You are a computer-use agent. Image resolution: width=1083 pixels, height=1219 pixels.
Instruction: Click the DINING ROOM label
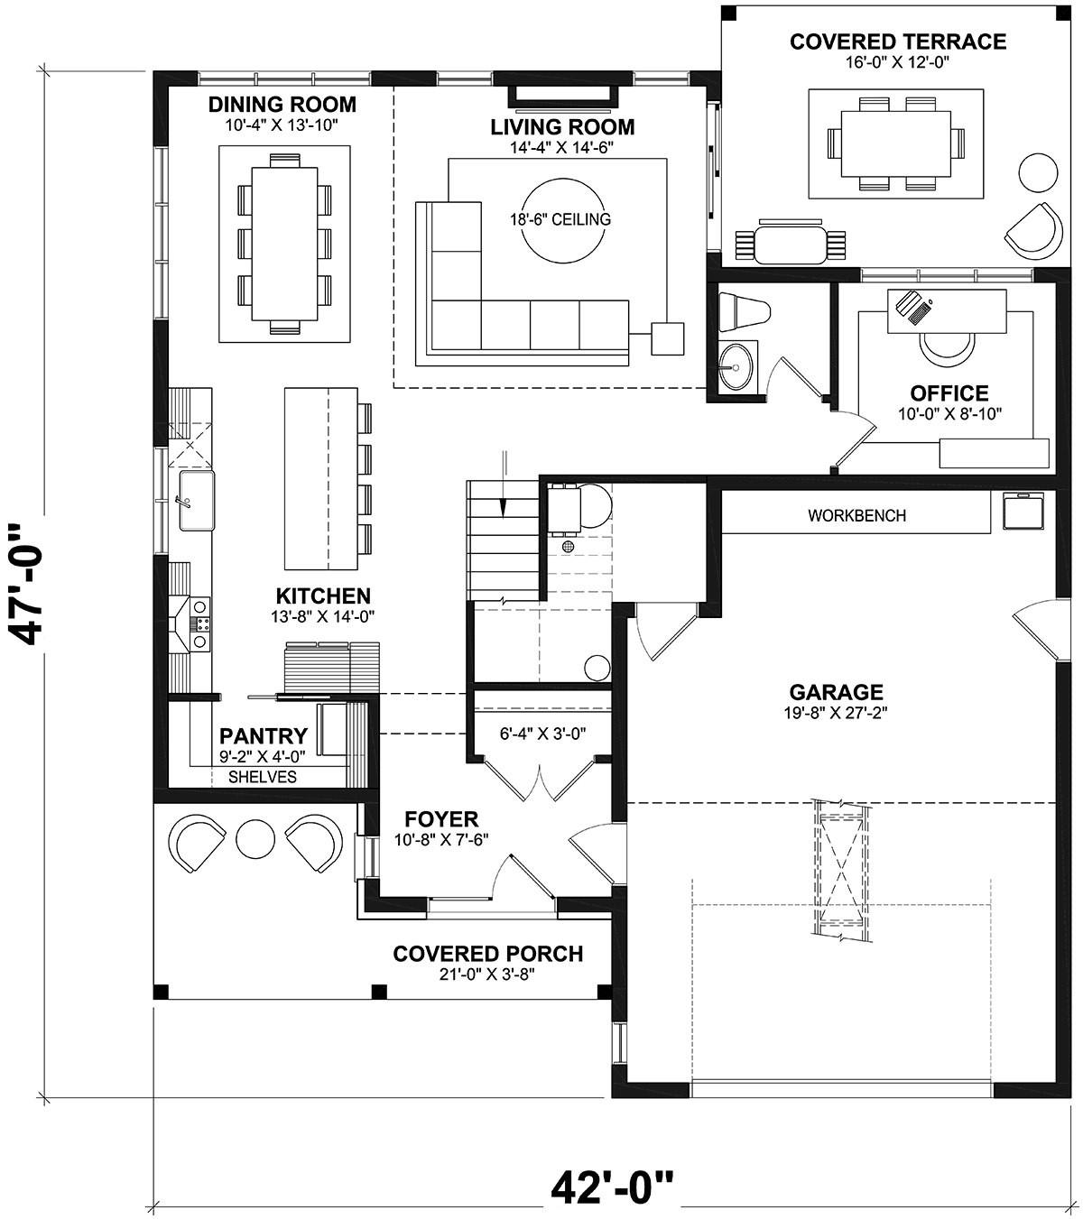tap(282, 105)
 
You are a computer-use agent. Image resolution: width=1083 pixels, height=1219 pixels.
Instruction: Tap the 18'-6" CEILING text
tap(560, 219)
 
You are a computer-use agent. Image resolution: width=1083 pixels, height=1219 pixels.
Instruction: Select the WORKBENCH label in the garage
tap(856, 515)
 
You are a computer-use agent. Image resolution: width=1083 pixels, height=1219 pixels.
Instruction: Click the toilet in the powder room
tap(745, 311)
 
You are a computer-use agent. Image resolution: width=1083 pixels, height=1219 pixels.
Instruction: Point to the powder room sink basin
tap(736, 367)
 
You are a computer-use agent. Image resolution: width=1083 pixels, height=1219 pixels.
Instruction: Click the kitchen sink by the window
tap(196, 501)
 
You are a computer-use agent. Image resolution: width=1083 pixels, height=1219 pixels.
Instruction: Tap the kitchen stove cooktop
tap(200, 624)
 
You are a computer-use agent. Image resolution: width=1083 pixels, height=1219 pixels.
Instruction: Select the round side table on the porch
tap(255, 839)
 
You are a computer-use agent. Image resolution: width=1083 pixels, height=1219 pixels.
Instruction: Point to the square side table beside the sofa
tap(668, 338)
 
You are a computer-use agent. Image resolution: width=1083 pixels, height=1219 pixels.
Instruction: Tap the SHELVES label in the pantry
tap(263, 777)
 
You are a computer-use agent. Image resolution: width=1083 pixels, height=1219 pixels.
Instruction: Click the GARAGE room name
tap(837, 692)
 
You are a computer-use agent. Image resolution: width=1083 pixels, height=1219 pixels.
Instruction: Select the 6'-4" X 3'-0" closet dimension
tap(543, 734)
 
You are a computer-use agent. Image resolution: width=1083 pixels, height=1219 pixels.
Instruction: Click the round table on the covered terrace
tap(1038, 172)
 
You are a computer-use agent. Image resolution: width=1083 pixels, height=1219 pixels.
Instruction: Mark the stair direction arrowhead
tap(504, 509)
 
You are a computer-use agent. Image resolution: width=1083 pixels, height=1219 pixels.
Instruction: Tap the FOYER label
tap(441, 819)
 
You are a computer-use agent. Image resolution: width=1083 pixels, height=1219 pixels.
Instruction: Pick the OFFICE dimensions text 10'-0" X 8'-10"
tap(950, 414)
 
